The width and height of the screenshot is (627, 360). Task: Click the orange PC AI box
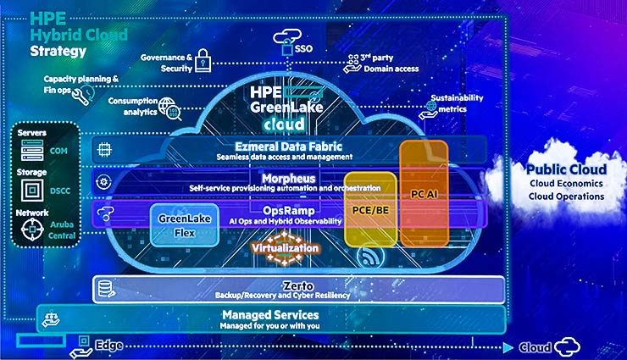point(424,193)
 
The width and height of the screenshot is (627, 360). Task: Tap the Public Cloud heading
point(566,169)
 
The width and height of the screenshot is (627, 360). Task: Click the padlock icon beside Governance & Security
point(203,58)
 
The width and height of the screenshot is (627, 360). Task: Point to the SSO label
point(304,49)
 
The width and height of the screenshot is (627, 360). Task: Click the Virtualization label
point(286,248)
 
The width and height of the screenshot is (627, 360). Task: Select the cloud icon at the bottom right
point(566,346)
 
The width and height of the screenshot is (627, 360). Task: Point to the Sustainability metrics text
point(458,102)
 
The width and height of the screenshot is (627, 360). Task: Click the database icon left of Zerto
point(106,289)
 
